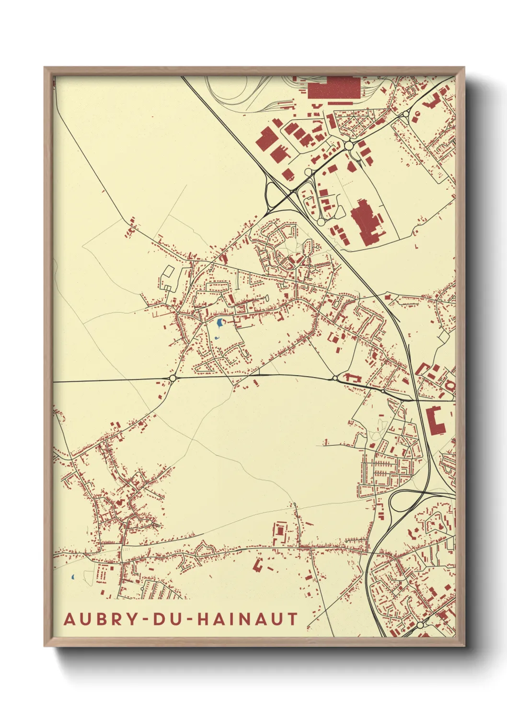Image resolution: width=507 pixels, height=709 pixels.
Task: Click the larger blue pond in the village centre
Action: click(219, 323)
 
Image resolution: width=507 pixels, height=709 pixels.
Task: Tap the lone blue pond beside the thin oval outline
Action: click(72, 578)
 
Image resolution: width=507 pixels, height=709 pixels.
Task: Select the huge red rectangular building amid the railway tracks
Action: click(334, 88)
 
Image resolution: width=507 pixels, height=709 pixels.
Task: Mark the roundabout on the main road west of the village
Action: click(172, 378)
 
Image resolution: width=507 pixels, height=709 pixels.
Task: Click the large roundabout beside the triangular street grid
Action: click(349, 145)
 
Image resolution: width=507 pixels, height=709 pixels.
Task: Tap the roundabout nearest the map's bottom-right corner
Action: click(420, 626)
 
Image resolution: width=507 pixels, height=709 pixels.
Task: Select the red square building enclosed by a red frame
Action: click(280, 531)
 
